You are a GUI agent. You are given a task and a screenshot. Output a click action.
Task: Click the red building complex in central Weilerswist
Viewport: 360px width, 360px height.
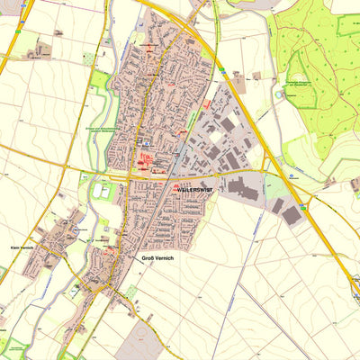[x=148, y=162]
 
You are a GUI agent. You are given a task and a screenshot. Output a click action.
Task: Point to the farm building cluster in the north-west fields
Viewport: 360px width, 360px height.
[x=40, y=52]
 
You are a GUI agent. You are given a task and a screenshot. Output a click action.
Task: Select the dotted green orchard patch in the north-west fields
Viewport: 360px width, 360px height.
[x=88, y=58]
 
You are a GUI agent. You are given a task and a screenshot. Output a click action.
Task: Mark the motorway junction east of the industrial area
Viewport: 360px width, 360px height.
[x=270, y=169]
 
